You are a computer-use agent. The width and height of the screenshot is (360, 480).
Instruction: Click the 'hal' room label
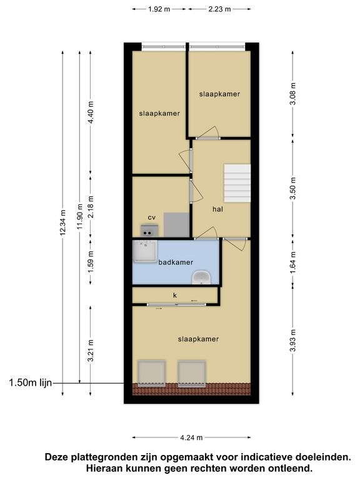click(217, 209)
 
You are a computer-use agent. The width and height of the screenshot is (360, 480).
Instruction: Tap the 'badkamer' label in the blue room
click(176, 262)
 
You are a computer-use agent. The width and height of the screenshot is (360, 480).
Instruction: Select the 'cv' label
click(151, 217)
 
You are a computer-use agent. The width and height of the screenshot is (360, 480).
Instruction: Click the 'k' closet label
click(175, 295)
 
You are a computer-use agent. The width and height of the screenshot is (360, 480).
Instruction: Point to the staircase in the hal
click(237, 183)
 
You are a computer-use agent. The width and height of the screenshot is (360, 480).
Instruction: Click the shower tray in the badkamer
click(146, 251)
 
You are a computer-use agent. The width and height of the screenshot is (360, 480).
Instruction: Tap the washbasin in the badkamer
click(201, 277)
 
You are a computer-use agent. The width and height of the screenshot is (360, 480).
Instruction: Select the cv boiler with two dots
click(149, 231)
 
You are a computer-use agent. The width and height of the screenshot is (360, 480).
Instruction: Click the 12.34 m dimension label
click(62, 222)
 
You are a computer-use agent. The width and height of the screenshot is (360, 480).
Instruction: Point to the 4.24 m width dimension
click(191, 437)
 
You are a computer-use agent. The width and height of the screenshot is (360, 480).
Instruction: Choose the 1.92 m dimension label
click(159, 9)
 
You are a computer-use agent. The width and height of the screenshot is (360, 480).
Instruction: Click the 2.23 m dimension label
click(220, 9)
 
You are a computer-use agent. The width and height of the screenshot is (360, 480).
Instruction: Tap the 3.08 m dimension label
click(293, 94)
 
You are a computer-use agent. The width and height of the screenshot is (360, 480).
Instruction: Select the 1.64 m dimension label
click(293, 262)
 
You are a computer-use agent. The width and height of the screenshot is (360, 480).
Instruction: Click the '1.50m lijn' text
click(31, 383)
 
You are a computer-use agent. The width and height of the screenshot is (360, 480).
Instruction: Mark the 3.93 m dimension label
click(293, 341)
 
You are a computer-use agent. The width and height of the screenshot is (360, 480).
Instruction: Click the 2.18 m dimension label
click(91, 207)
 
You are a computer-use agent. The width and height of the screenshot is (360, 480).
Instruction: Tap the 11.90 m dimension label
click(80, 217)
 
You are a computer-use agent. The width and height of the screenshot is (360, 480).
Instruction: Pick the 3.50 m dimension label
click(293, 188)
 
